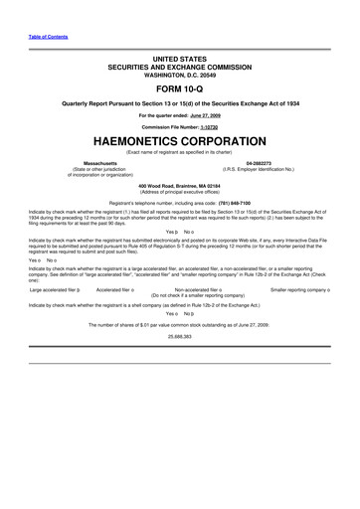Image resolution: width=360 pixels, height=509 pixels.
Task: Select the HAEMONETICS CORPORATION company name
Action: pos(179,141)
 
